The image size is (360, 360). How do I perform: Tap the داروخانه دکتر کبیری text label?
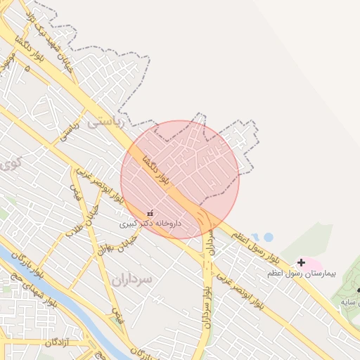click(x=149, y=224)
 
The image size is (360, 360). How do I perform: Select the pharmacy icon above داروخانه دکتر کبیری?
click(x=150, y=213)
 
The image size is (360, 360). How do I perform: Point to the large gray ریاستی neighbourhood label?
click(x=105, y=122)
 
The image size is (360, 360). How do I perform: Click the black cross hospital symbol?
click(x=302, y=262)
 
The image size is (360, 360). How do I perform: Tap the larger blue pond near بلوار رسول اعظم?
click(x=268, y=237)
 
